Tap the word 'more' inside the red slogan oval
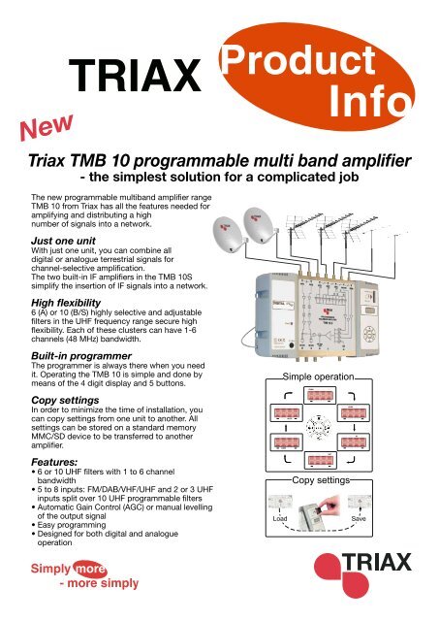(x=85, y=569)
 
